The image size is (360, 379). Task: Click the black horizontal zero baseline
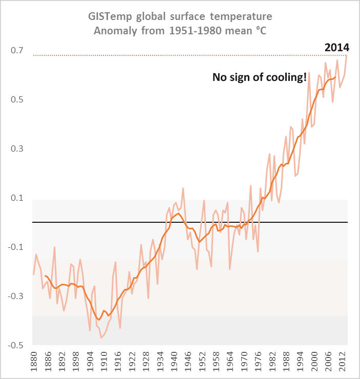pyautogui.click(x=154, y=222)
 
